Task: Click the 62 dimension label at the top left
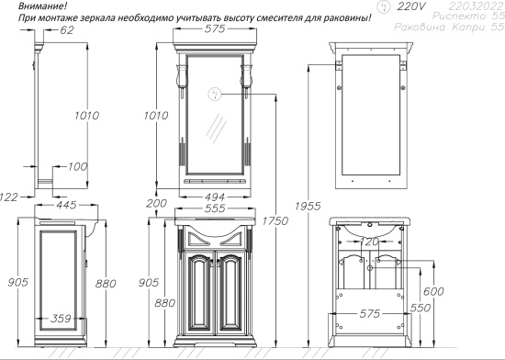pos(67,30)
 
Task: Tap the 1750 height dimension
pos(275,221)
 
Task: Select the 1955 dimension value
pos(308,206)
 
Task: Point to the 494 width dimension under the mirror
pos(214,197)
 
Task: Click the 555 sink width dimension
pos(215,208)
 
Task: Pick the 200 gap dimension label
pos(156,203)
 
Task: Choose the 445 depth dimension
pos(66,205)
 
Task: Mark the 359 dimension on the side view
pos(61,319)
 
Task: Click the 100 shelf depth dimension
pos(77,166)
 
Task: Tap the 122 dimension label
pos(8,197)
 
